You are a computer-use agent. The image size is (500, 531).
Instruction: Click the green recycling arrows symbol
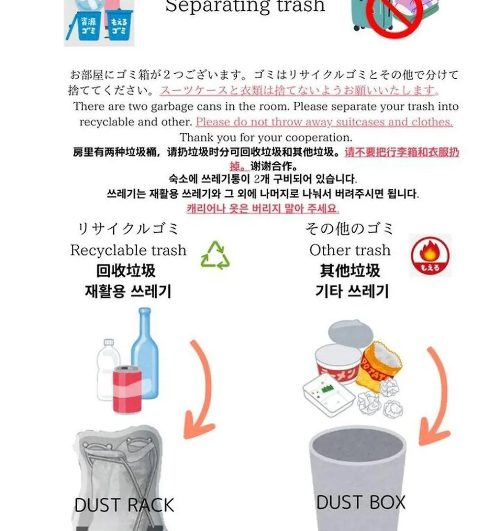(215, 255)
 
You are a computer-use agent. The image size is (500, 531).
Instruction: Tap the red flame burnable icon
(430, 255)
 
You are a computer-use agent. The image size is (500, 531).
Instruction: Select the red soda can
(127, 389)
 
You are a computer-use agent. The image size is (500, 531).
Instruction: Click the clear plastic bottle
(108, 369)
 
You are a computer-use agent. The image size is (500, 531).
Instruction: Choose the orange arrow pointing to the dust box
(437, 396)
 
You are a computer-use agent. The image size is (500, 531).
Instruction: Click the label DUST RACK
(124, 505)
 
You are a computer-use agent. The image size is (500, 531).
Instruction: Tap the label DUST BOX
(361, 502)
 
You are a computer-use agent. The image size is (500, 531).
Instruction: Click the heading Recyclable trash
(128, 250)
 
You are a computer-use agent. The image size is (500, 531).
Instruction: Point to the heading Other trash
(350, 250)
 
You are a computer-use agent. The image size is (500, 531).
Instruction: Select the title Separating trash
(245, 6)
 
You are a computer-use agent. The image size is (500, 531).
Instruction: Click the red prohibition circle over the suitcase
(394, 15)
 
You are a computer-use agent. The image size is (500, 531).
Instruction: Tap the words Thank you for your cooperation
(266, 138)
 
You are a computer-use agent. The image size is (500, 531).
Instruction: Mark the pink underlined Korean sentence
(263, 208)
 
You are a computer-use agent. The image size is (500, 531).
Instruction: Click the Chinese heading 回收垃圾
(126, 271)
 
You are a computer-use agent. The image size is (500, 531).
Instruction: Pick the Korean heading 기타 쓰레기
(352, 291)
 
